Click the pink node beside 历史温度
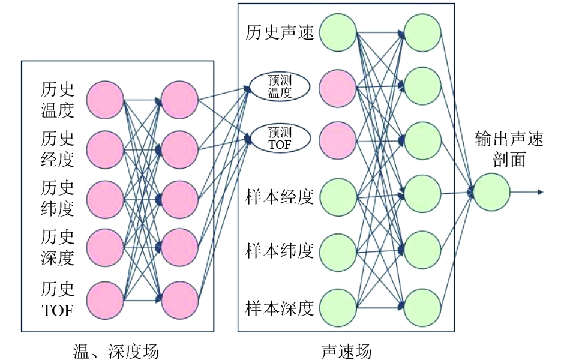click(x=105, y=100)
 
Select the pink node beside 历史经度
click(x=105, y=149)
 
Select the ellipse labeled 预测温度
click(x=279, y=87)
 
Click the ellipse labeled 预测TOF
click(x=279, y=137)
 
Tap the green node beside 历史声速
click(x=338, y=33)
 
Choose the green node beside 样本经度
click(x=338, y=197)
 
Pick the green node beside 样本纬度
click(x=338, y=252)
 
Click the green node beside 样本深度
click(x=338, y=307)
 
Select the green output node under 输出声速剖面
click(x=492, y=192)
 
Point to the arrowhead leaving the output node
click(x=541, y=192)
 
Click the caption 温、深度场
click(x=116, y=350)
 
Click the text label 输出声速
click(x=509, y=140)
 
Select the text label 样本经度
click(x=280, y=197)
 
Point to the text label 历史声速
click(x=280, y=32)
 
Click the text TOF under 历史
click(x=58, y=310)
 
